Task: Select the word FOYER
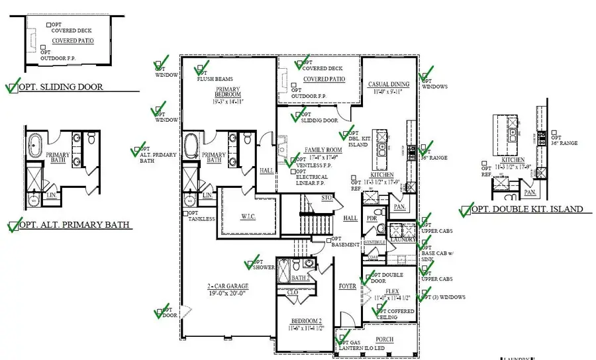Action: point(348,287)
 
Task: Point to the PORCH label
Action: point(384,339)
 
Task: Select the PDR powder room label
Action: point(372,218)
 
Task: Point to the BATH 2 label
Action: point(301,278)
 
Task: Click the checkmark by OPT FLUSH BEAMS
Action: point(201,69)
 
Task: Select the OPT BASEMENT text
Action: point(346,242)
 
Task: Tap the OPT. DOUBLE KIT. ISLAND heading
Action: point(527,209)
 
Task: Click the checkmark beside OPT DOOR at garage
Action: point(161,312)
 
